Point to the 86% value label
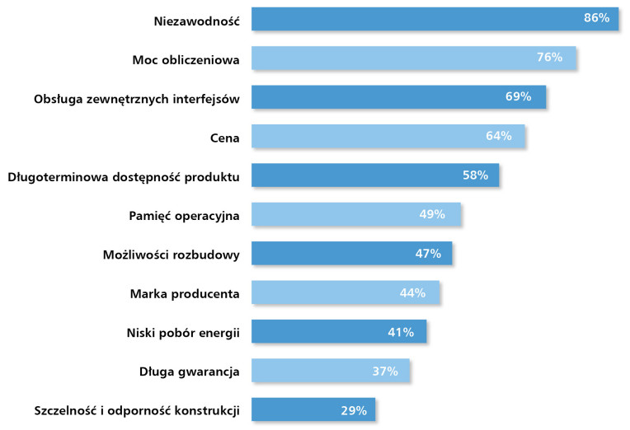pyautogui.click(x=596, y=18)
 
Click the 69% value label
pyautogui.click(x=518, y=96)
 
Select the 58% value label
pyautogui.click(x=475, y=175)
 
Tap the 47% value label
pyautogui.click(x=428, y=254)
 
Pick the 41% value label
pyautogui.click(x=401, y=332)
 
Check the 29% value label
pyautogui.click(x=354, y=410)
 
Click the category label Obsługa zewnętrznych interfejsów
pyautogui.click(x=136, y=99)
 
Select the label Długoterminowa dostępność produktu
pyautogui.click(x=123, y=177)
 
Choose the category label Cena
pyautogui.click(x=224, y=138)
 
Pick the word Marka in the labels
pyautogui.click(x=148, y=294)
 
